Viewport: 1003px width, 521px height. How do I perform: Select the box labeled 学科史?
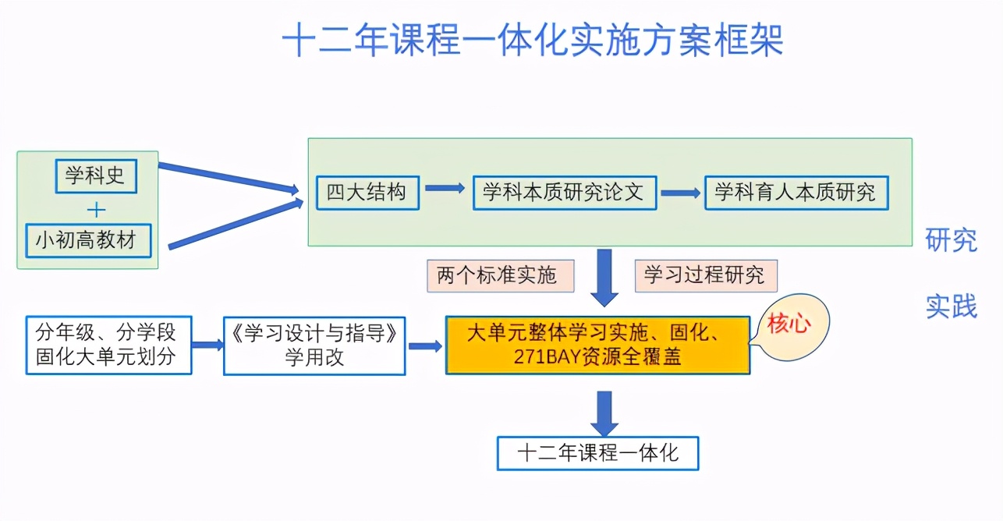pyautogui.click(x=95, y=175)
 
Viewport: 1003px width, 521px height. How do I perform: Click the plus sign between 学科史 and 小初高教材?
pyautogui.click(x=96, y=209)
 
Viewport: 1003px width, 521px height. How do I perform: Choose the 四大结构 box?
pyautogui.click(x=367, y=192)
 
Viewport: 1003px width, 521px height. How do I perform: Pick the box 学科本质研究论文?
pyautogui.click(x=564, y=192)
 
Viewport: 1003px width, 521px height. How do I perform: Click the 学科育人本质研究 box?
pyautogui.click(x=796, y=192)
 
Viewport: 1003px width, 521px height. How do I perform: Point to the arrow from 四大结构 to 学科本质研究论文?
pyautogui.click(x=445, y=189)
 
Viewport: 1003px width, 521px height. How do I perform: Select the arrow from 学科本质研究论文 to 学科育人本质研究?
pyautogui.click(x=680, y=193)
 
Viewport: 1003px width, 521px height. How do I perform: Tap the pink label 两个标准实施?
pyautogui.click(x=500, y=275)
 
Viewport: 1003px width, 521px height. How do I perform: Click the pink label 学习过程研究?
pyautogui.click(x=706, y=275)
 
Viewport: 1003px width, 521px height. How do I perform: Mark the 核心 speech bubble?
pyautogui.click(x=789, y=325)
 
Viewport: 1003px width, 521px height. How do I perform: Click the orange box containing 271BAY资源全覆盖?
pyautogui.click(x=597, y=345)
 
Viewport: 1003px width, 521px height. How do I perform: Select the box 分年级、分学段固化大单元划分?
pyautogui.click(x=108, y=345)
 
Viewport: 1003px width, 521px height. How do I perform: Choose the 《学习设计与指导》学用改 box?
pyautogui.click(x=314, y=345)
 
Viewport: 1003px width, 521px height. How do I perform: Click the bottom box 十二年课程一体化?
pyautogui.click(x=597, y=453)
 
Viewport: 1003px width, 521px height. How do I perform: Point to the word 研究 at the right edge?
pyautogui.click(x=951, y=240)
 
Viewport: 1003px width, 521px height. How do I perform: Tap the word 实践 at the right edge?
pyautogui.click(x=951, y=307)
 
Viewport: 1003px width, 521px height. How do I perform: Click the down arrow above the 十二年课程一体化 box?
pyautogui.click(x=604, y=413)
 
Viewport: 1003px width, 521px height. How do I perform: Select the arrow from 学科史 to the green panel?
pyautogui.click(x=226, y=177)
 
